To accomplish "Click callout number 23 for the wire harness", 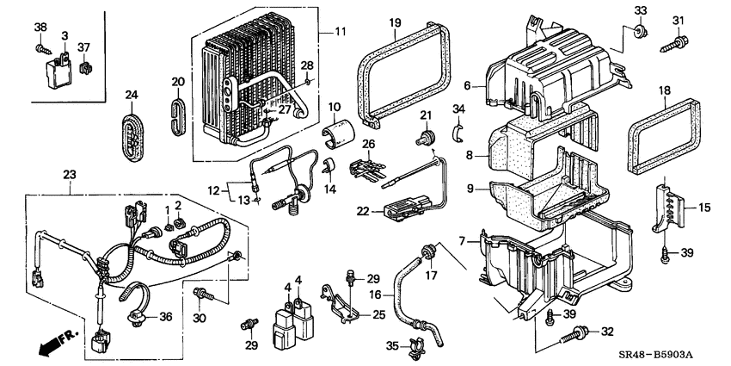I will tap(71, 175).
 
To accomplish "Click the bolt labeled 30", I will tap(201, 295).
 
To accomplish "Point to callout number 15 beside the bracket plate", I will tap(703, 207).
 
